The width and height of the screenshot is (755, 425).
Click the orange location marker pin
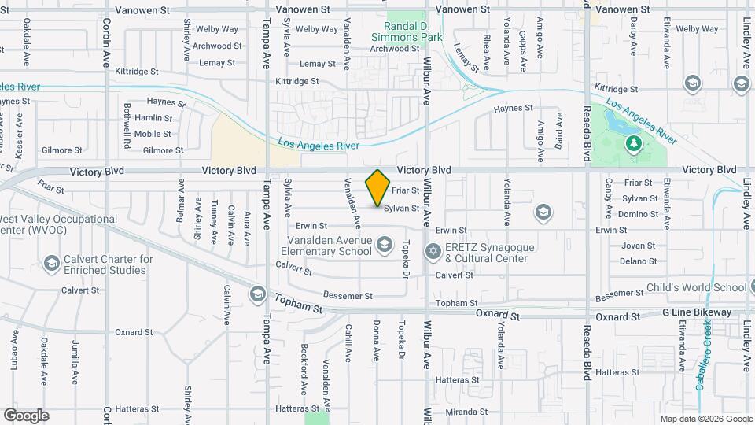tap(378, 187)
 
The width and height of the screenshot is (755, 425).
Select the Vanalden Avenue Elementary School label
tap(322, 246)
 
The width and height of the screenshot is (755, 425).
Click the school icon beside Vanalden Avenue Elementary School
tap(384, 244)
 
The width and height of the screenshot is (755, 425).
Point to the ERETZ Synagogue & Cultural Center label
tap(490, 252)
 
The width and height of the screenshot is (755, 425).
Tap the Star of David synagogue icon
tap(432, 252)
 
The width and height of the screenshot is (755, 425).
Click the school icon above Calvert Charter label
tap(52, 262)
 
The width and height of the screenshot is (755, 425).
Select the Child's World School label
tap(696, 287)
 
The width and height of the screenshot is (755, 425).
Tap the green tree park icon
tap(634, 143)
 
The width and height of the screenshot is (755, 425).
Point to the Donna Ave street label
tap(376, 336)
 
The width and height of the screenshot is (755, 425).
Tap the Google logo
tap(26, 415)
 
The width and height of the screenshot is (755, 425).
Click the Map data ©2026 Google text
tap(705, 419)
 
